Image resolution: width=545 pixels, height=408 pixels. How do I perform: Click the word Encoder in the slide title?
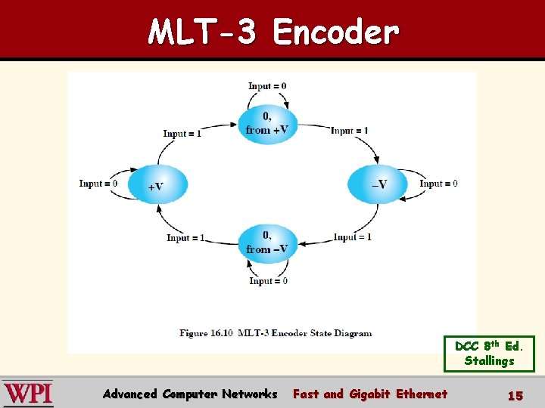[x=335, y=32]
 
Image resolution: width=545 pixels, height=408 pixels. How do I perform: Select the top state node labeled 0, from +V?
[x=268, y=123]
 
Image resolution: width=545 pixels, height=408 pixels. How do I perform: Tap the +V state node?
[x=157, y=185]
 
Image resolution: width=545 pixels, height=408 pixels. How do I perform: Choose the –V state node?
[x=378, y=184]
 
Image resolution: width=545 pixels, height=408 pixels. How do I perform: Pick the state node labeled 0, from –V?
[x=267, y=243]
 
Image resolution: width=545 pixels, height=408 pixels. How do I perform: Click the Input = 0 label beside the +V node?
[x=98, y=184]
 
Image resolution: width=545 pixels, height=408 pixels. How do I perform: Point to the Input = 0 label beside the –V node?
[x=438, y=184]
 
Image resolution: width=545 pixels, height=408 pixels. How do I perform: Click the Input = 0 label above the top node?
[x=267, y=86]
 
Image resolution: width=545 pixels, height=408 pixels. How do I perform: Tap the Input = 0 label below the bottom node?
[x=268, y=281]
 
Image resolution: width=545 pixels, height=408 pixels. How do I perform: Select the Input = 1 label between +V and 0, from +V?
[x=182, y=134]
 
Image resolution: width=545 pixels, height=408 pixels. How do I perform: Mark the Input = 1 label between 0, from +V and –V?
[x=349, y=131]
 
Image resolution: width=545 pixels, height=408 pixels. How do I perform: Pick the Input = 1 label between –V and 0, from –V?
[x=353, y=237]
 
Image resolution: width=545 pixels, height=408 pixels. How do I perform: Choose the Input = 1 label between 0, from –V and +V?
[x=185, y=238]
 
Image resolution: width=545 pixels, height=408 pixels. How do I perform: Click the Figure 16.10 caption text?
[x=276, y=332]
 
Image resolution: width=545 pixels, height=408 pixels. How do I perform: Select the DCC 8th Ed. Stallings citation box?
[x=489, y=354]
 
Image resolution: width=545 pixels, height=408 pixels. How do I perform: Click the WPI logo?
[x=28, y=394]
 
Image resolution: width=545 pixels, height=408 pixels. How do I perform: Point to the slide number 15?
[x=515, y=395]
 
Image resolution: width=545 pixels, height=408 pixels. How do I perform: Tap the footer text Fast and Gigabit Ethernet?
[x=370, y=394]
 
